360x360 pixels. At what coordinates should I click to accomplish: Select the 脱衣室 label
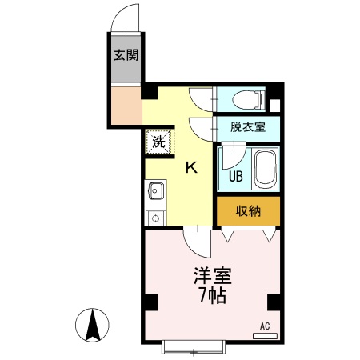[246, 126]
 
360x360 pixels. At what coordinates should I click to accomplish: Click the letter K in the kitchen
[192, 167]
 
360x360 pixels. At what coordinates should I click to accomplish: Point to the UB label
[237, 176]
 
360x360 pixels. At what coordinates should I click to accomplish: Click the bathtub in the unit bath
[265, 168]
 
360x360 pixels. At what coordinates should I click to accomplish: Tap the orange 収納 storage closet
[249, 210]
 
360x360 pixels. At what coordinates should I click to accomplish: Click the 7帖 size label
[212, 297]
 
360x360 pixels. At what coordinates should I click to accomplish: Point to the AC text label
[265, 326]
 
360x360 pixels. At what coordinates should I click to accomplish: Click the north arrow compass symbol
[93, 325]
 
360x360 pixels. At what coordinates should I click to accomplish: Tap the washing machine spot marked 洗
[158, 142]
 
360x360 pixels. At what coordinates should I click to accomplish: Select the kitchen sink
[155, 192]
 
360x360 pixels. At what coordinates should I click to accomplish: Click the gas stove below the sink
[155, 216]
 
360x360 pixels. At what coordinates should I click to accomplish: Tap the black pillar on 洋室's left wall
[150, 302]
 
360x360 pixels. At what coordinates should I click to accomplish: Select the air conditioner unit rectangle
[265, 336]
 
